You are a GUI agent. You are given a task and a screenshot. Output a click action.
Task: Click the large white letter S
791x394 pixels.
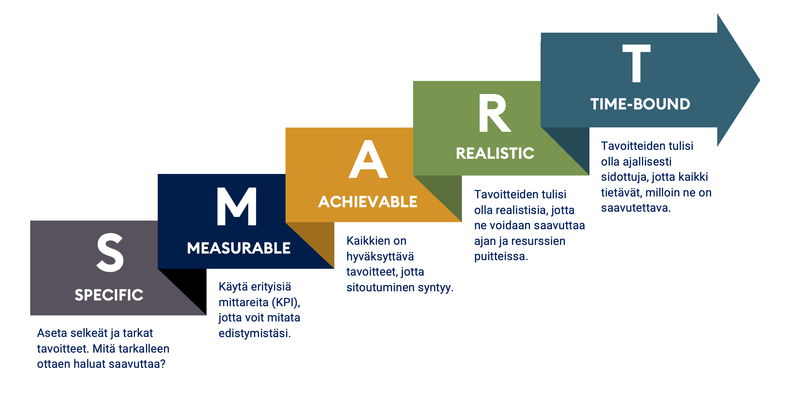110,252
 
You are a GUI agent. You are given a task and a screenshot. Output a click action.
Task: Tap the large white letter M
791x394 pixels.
237,206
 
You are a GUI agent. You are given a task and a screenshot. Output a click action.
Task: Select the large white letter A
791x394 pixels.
368,159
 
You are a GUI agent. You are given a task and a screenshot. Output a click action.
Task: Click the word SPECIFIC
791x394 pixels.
109,295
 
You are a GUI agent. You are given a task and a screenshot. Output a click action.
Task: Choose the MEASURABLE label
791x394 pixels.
239,248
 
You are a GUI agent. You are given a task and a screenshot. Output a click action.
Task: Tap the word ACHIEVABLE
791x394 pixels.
368,202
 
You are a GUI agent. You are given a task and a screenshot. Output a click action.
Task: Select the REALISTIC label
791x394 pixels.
495,153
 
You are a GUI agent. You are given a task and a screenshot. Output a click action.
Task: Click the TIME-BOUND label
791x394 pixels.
640,104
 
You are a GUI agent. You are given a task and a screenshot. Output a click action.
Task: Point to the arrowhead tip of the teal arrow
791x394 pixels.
760,80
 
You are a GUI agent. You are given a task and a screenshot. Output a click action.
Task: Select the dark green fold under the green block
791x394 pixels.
446,193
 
